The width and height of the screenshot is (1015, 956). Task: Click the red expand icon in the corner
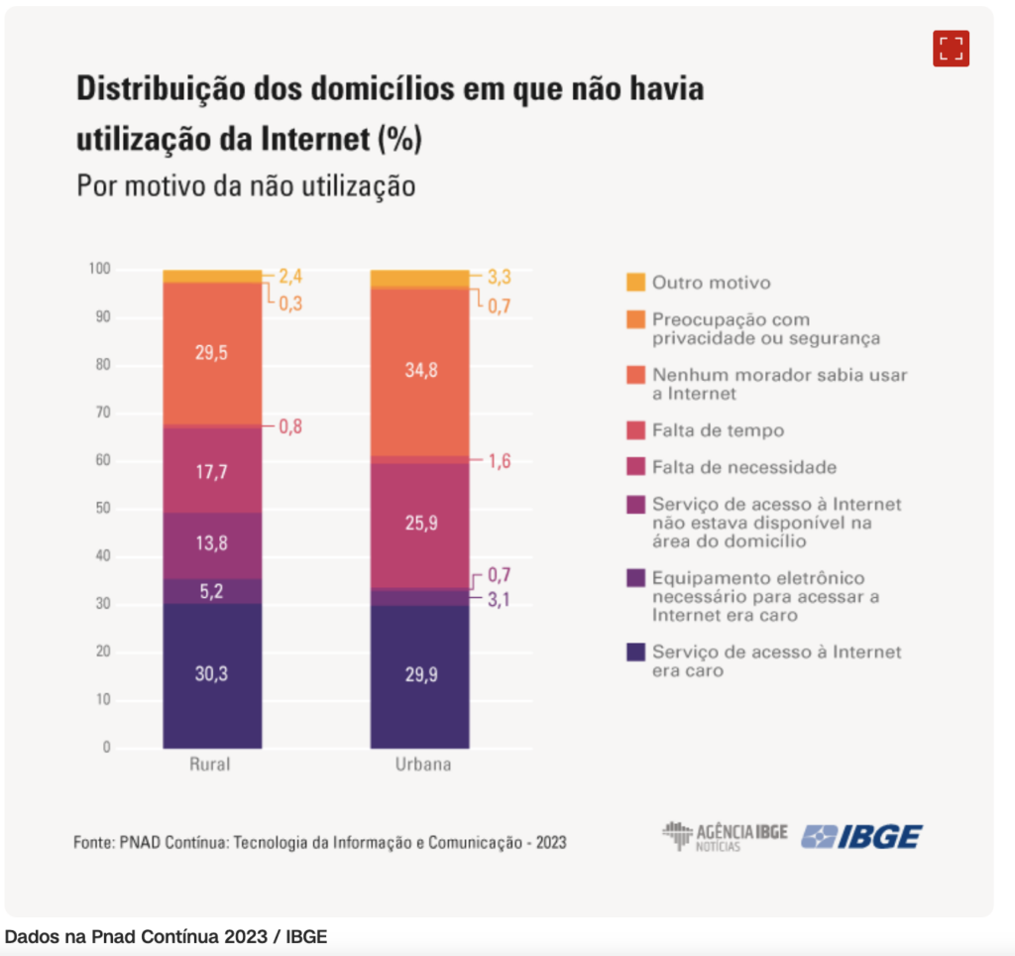click(x=951, y=49)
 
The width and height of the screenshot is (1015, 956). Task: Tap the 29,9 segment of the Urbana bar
click(x=419, y=676)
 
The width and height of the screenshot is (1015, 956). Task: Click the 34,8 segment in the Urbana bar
click(x=419, y=371)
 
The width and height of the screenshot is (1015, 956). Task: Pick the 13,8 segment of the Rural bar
click(x=212, y=545)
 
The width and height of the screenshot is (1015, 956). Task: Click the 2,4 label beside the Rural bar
click(x=290, y=277)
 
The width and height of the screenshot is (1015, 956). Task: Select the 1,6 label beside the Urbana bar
click(x=499, y=460)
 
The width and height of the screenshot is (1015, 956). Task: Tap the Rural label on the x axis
click(x=210, y=766)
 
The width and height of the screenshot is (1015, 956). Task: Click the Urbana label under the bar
click(x=419, y=766)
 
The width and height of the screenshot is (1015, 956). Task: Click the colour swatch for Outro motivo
click(x=635, y=283)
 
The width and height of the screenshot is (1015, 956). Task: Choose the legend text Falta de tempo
click(x=718, y=430)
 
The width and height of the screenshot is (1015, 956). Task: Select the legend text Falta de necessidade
click(x=743, y=467)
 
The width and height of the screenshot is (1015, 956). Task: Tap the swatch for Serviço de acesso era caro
click(x=635, y=652)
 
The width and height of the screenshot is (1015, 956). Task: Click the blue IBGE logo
click(x=861, y=837)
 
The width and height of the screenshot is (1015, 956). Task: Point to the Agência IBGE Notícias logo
click(x=725, y=837)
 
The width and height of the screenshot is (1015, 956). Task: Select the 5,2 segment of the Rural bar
click(x=212, y=591)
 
